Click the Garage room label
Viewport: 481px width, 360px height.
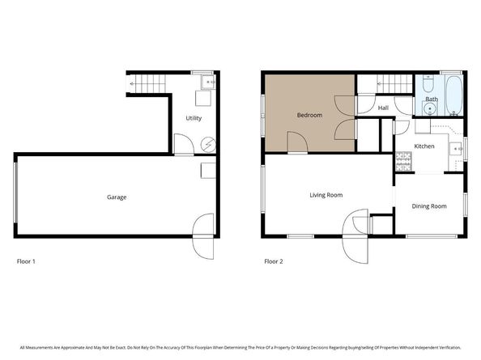[x=117, y=197]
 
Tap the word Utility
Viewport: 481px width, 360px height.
[x=194, y=118]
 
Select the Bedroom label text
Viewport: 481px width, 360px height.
[x=309, y=115]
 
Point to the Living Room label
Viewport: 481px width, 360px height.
[x=326, y=194]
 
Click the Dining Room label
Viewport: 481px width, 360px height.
[x=430, y=205]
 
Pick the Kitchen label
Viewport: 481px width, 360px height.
[x=425, y=146]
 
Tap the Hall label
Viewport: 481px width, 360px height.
[x=383, y=108]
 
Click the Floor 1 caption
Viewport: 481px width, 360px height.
[x=26, y=261]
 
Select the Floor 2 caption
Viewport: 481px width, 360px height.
[x=274, y=261]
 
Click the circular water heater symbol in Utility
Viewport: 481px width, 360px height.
[x=209, y=143]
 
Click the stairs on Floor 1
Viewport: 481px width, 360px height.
[x=147, y=82]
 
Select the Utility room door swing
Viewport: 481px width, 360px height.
[x=185, y=146]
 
